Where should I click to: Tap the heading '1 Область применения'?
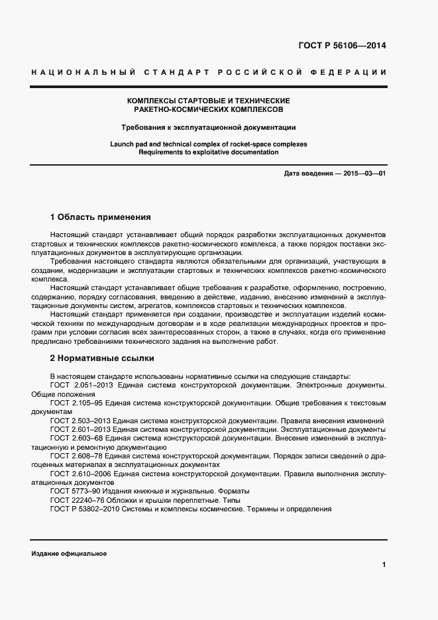pos(101,217)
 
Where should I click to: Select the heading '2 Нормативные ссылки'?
pos(102,358)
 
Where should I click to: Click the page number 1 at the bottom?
pos(384,564)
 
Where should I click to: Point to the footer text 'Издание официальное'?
pos(69,554)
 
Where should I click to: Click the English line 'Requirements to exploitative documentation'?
pos(208,152)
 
